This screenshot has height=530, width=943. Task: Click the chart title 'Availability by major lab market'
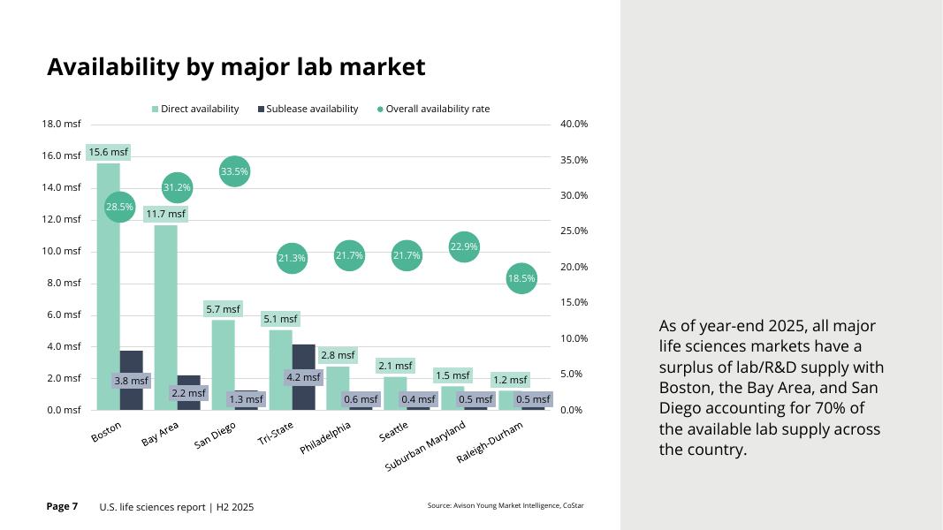coord(236,67)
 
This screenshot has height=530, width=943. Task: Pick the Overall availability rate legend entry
coord(433,109)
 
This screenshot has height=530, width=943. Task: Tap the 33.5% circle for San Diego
coord(234,171)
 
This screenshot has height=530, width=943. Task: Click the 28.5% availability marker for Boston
coord(120,207)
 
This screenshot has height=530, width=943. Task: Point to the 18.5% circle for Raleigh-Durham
coord(521,278)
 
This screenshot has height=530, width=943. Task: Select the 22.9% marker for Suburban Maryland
coord(464,246)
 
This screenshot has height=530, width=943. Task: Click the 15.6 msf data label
coord(108,152)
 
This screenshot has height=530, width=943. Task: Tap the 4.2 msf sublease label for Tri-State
coord(303,377)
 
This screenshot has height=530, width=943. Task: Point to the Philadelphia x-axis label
coord(326,437)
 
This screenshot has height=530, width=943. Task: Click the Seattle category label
coord(394,430)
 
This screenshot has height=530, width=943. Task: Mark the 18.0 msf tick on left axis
coord(61,124)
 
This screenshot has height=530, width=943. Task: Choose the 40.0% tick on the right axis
coord(574,124)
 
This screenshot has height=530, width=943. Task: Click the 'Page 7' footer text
coord(62,506)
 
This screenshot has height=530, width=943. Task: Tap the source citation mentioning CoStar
coord(505,506)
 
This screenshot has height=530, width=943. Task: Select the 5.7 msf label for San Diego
coord(223,309)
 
